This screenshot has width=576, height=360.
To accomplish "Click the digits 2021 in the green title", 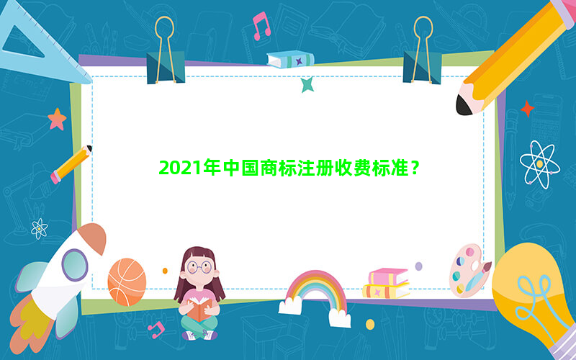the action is click(180, 168).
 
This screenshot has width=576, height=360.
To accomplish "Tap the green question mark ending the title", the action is click(415, 168).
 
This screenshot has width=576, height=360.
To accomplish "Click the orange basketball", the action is click(127, 282).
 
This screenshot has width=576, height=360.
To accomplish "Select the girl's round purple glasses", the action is click(199, 267).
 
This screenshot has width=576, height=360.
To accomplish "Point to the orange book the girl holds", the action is click(199, 310).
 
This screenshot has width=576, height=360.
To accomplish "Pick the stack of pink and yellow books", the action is click(386, 283).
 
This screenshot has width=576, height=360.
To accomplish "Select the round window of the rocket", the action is click(75, 265).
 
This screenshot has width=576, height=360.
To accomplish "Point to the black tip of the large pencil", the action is click(464, 105).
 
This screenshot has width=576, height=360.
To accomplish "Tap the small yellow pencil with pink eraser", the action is click(71, 164).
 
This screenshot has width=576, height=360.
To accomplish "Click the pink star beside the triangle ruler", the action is click(57, 119).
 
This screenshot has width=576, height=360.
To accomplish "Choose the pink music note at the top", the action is click(261, 26).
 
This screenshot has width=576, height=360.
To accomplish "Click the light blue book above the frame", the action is click(290, 59).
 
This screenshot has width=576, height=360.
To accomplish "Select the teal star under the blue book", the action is click(307, 84).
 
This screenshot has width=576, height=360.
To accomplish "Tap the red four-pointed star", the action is click(528, 109).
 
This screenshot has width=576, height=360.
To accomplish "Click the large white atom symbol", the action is click(539, 165).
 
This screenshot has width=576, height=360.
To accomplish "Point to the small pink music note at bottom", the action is click(156, 330).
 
